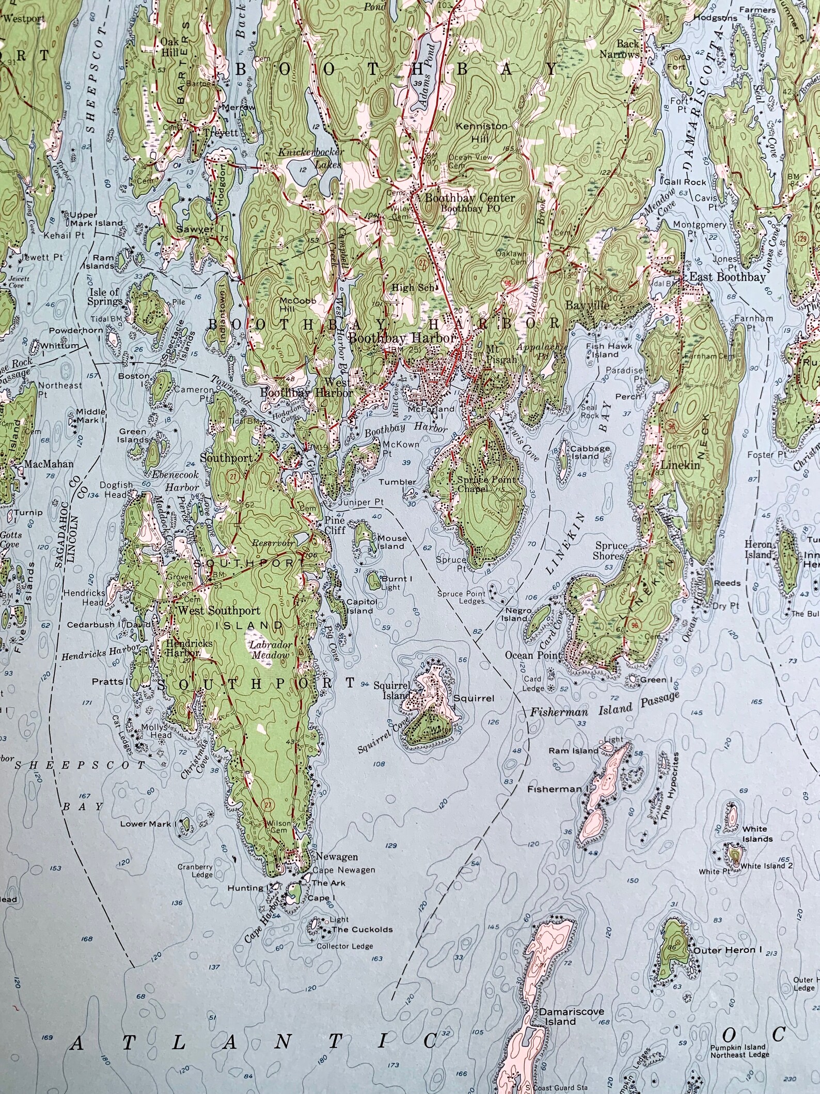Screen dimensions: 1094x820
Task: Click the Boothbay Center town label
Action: point(469,198)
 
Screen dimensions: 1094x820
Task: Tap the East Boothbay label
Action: point(728,277)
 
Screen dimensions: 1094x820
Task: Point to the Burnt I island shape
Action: point(373,580)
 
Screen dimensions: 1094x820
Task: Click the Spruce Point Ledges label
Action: point(461,597)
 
